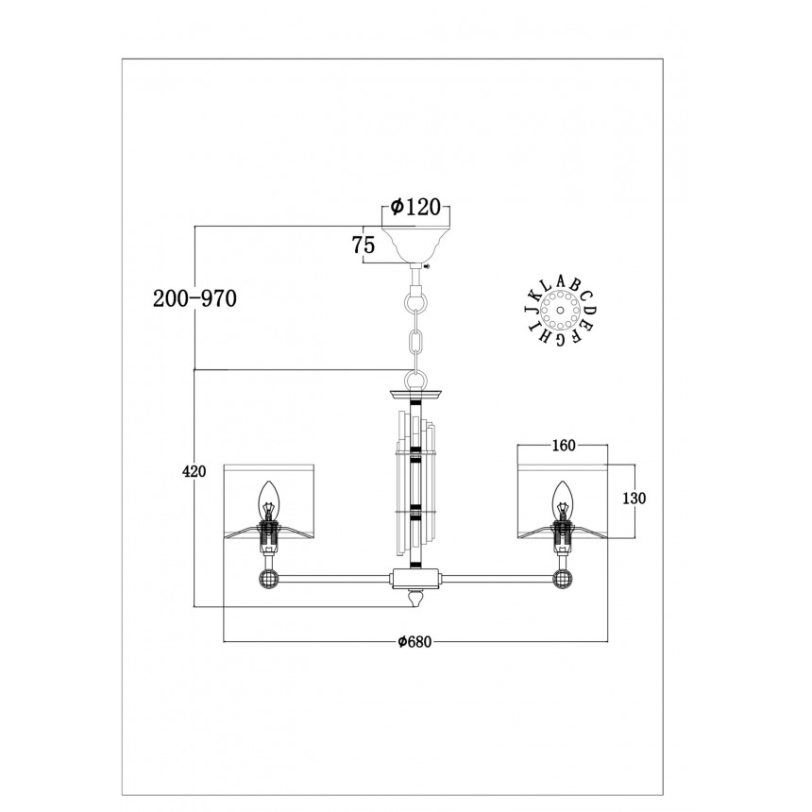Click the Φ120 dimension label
pos(415,207)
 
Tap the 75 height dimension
pos(364,245)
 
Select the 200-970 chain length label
pos(195,298)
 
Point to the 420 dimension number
pos(194,471)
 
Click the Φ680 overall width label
pos(414,642)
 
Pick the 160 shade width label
pos(564,446)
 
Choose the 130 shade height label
pos(634,499)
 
